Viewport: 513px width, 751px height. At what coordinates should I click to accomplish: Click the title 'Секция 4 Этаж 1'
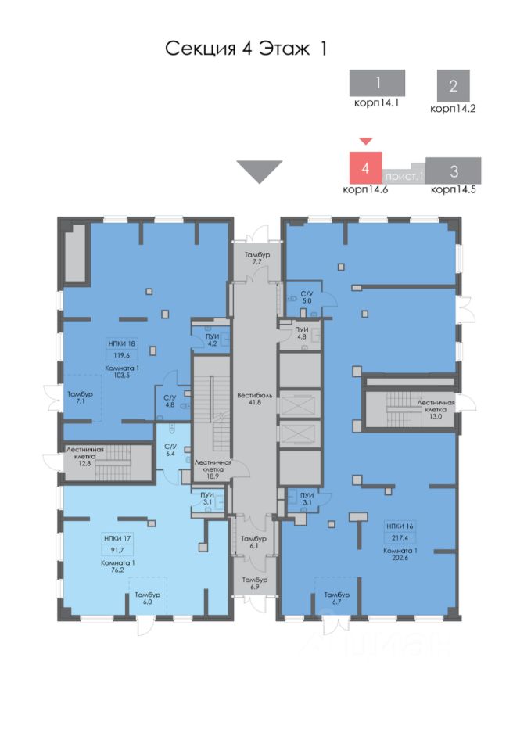[x=245, y=49]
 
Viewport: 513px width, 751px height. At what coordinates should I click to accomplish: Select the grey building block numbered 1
[x=377, y=83]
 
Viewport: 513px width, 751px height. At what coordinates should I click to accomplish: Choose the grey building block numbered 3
[x=454, y=171]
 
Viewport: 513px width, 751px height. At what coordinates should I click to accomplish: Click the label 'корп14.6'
[x=364, y=189]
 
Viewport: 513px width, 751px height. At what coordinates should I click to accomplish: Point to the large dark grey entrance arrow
[x=259, y=171]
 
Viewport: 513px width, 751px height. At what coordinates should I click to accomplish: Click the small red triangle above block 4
[x=365, y=141]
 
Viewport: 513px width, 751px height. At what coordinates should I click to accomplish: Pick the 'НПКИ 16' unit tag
[x=400, y=526]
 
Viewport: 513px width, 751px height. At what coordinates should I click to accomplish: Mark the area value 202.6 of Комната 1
[x=400, y=558]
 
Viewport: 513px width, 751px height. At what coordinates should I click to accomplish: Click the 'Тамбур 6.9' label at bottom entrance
[x=255, y=583]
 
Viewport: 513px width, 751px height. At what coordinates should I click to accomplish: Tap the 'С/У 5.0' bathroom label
[x=307, y=295]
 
